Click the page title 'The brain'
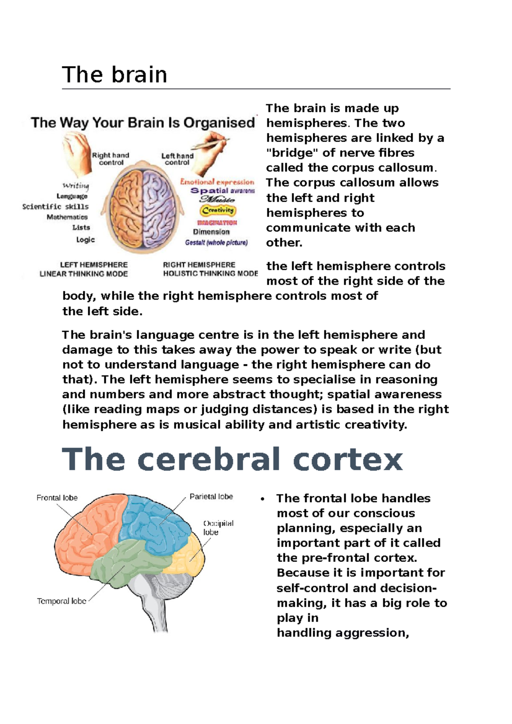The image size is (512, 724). coord(114,75)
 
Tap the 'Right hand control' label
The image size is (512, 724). coord(111,159)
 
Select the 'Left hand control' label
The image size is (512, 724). coord(177,159)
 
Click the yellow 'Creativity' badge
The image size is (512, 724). coord(218,210)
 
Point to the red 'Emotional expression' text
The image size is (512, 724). coord(217,182)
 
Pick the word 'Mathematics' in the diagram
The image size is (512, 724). coord(67,217)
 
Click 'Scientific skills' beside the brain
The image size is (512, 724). coord(55,206)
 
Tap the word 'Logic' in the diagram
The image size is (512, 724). coord(85,240)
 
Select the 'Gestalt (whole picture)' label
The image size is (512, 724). coord(216,243)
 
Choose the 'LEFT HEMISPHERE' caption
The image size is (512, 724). coord(94,265)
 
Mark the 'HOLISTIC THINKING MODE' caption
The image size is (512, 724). coord(210,274)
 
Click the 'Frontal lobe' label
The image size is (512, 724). coord(57,498)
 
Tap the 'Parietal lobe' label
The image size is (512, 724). coord(211,497)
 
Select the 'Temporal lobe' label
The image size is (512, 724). coord(61,601)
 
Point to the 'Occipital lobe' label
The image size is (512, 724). coord(218,527)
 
